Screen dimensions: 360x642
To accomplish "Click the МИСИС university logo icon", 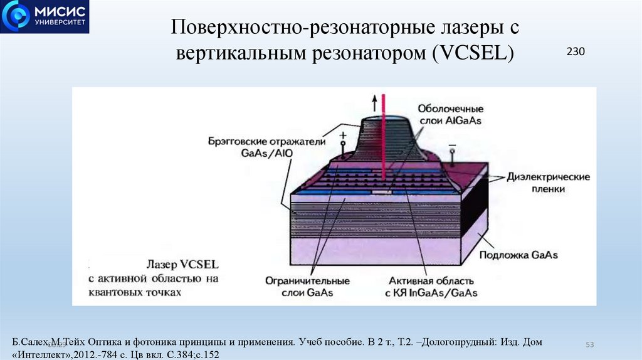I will [16, 17].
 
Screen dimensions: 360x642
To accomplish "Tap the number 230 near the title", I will [576, 52].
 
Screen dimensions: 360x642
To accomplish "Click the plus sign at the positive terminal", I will [343, 135].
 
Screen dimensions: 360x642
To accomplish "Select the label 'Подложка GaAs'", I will [518, 255].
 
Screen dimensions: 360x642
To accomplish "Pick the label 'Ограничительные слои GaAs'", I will [298, 287].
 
